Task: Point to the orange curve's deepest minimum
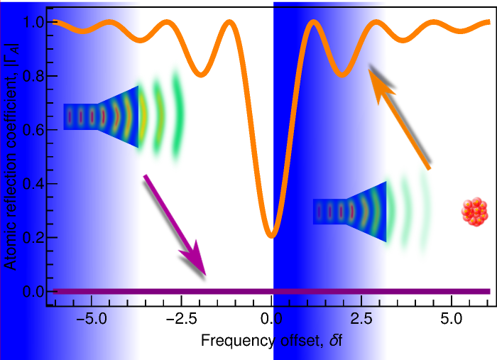[271, 234]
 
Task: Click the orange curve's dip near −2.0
[202, 72]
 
